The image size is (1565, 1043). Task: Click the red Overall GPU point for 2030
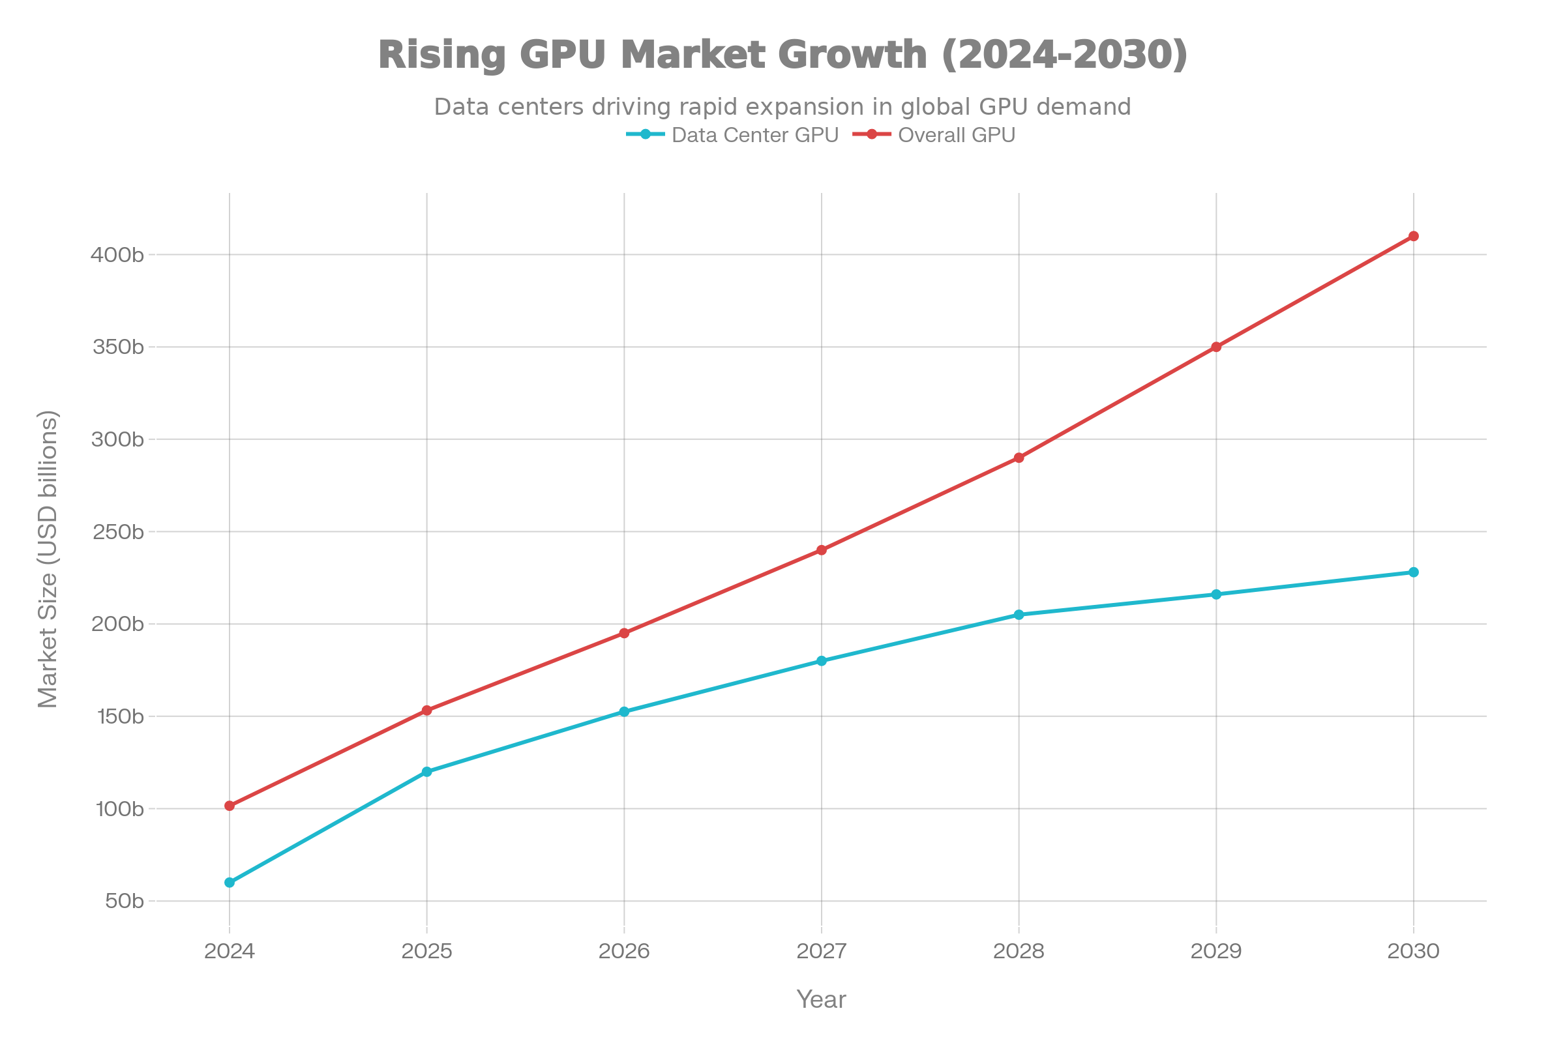coord(1413,236)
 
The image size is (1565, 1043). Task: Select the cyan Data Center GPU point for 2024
coord(230,883)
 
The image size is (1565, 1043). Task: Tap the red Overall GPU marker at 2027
coord(822,550)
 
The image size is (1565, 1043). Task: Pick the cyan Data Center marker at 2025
coord(426,772)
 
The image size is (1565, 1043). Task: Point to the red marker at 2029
coord(1216,347)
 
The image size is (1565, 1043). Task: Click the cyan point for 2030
coord(1413,572)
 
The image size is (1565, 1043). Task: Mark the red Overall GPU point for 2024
coord(230,806)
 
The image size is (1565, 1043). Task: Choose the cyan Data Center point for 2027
coord(822,660)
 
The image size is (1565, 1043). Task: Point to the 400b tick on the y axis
coord(117,255)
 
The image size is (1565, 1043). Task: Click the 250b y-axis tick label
coord(117,532)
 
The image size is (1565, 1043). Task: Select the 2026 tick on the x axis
coord(624,951)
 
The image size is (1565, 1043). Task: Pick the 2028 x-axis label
coord(1019,951)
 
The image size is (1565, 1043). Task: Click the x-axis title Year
coord(821,1000)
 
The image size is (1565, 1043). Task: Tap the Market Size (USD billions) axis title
coord(48,559)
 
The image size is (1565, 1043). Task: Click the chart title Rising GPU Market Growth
coord(782,54)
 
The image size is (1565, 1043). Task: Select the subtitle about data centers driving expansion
coord(782,106)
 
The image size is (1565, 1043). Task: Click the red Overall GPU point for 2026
coord(624,632)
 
